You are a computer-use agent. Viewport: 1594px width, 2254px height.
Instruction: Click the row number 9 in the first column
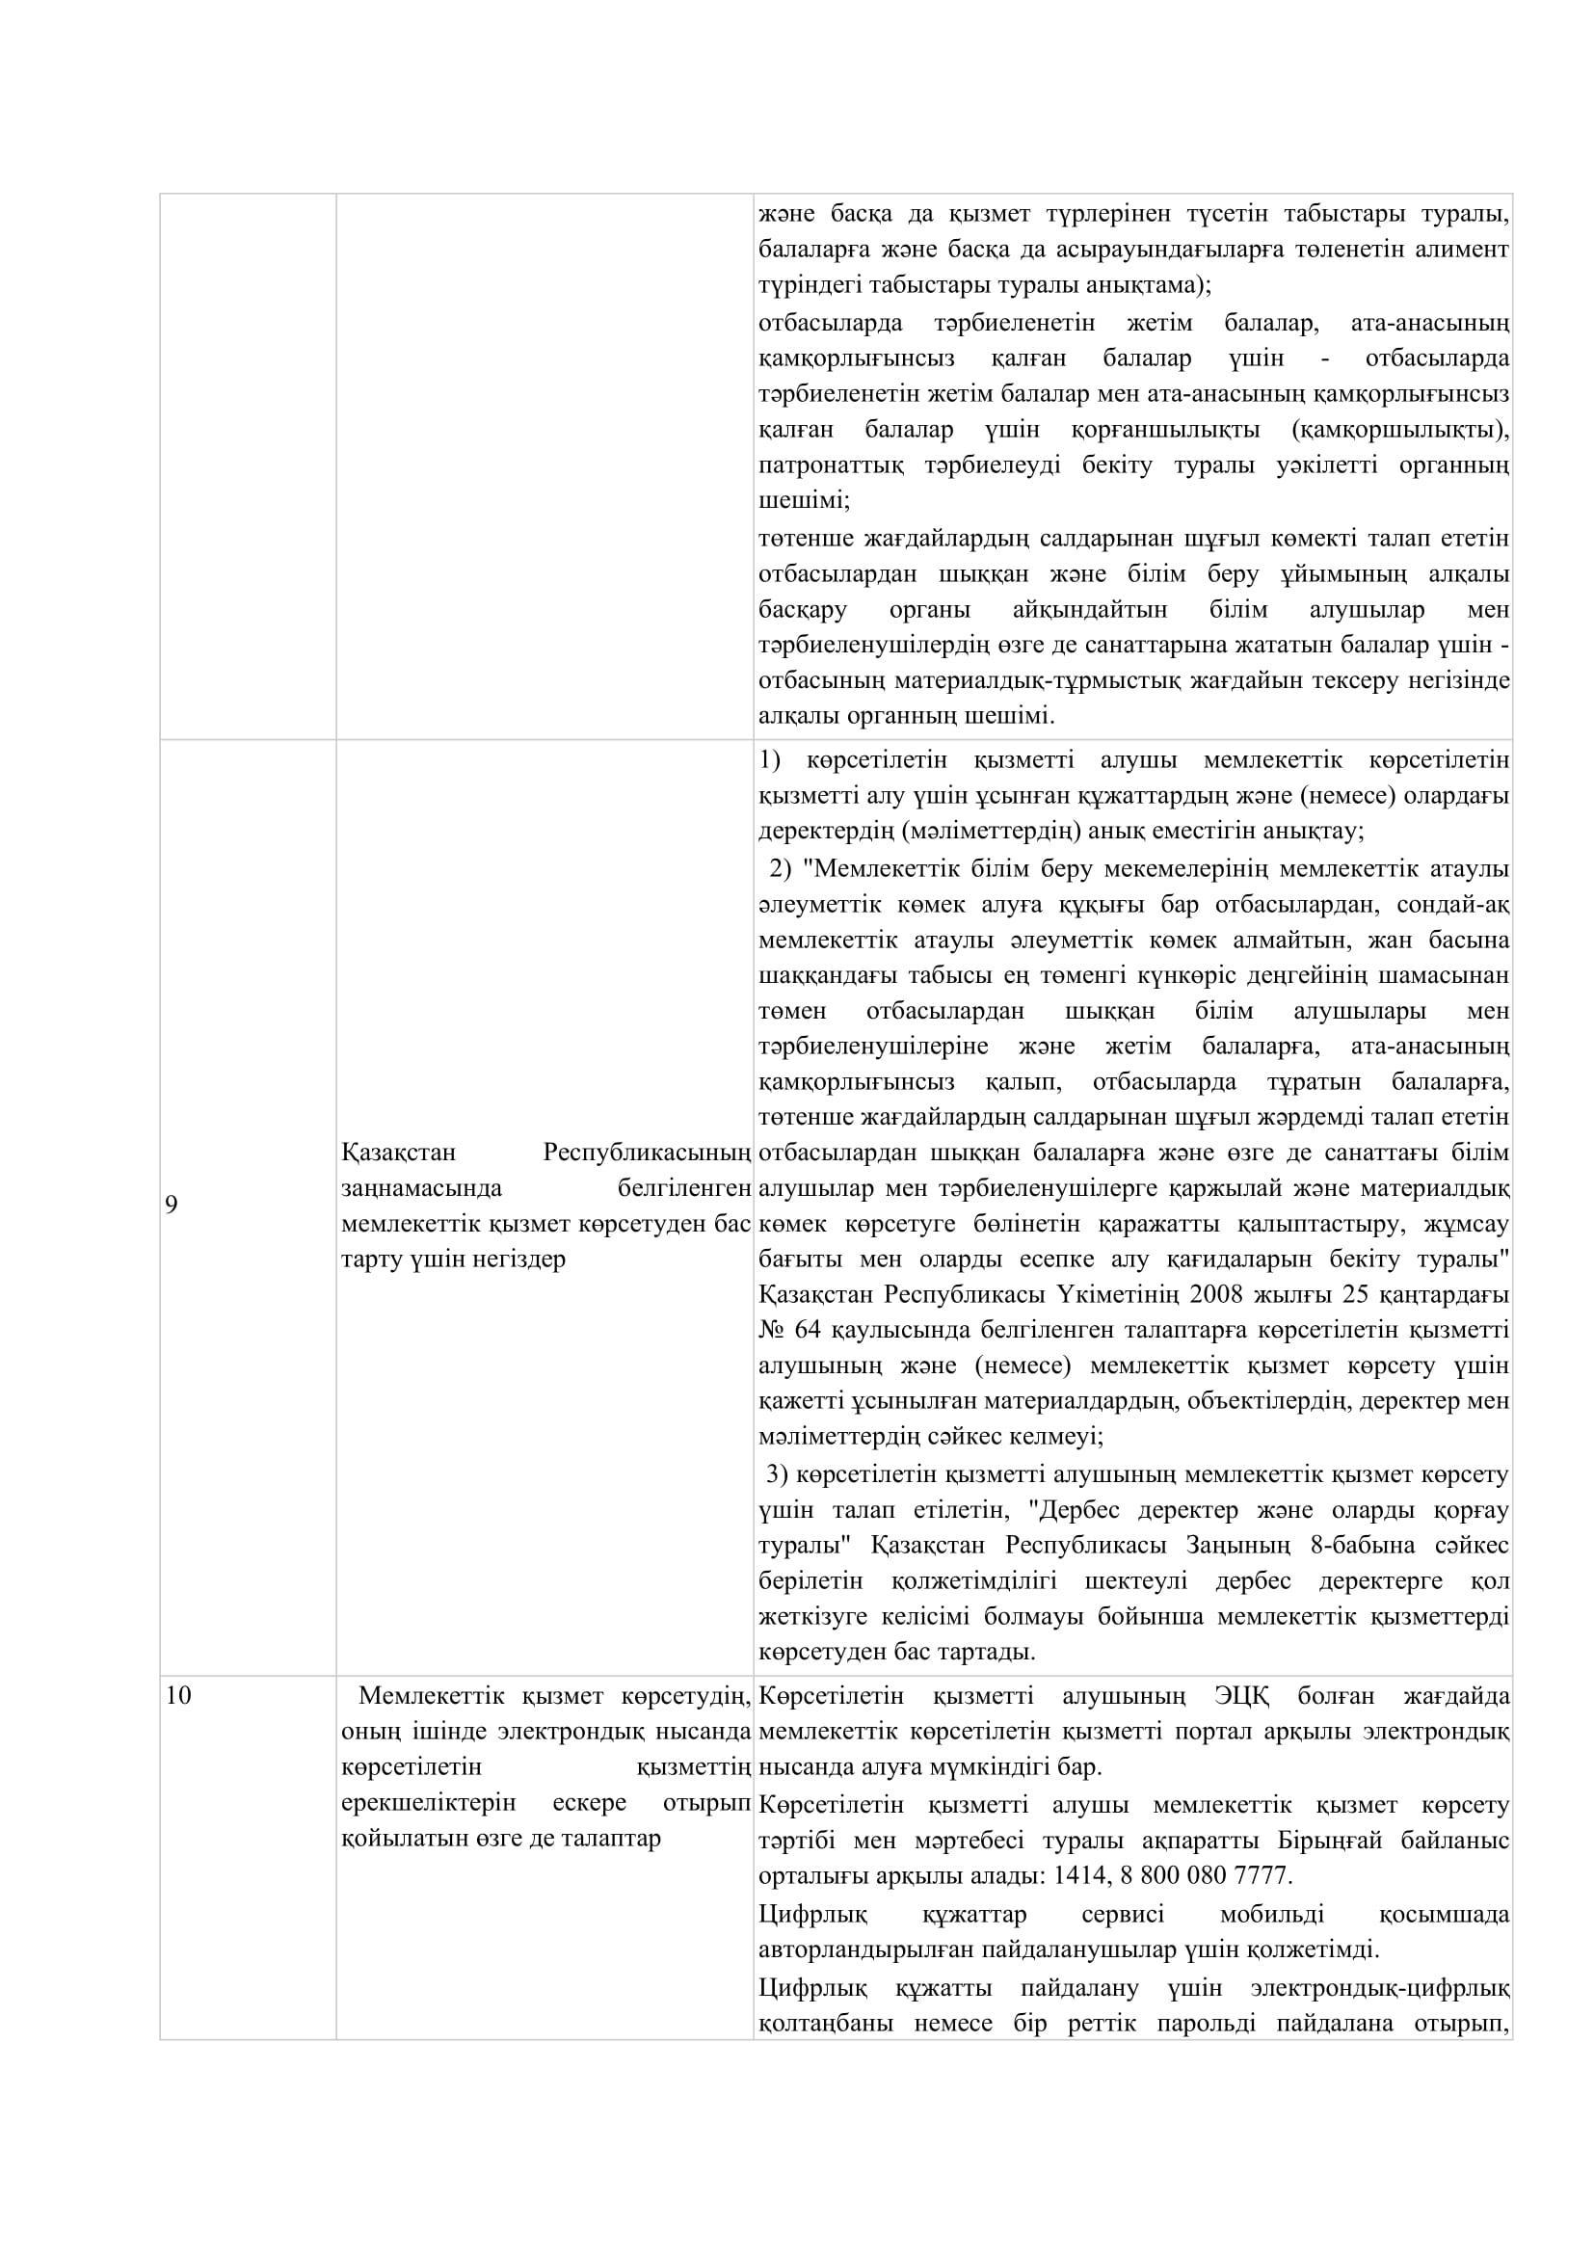click(x=171, y=1205)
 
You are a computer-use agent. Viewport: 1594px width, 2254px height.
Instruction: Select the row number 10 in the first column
click(x=177, y=1695)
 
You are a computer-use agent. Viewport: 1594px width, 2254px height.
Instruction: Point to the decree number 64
click(x=808, y=1330)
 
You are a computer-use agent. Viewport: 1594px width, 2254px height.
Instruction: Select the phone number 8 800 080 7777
click(x=1203, y=1875)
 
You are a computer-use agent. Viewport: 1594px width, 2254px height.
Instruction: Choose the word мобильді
click(x=1271, y=1915)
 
